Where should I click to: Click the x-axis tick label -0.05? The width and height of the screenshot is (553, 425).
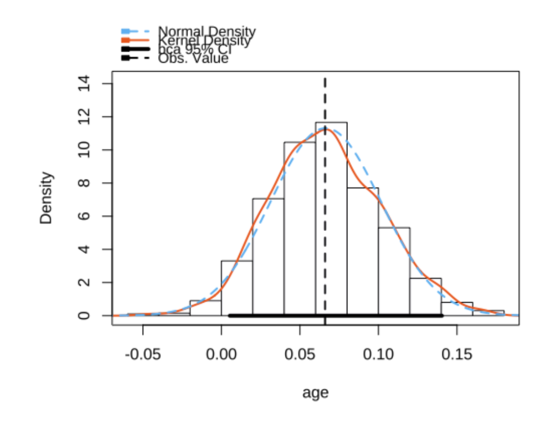tap(143, 355)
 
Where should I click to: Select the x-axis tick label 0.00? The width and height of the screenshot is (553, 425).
tap(221, 355)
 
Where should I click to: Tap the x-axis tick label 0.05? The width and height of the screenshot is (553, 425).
tap(300, 355)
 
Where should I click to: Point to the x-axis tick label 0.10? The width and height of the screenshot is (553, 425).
tap(378, 355)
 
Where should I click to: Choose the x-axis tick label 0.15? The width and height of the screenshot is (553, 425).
tap(457, 355)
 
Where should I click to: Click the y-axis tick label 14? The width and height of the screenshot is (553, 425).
tap(84, 84)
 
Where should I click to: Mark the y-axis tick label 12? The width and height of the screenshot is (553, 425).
tap(84, 117)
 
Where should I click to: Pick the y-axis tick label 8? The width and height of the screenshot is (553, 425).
tap(84, 183)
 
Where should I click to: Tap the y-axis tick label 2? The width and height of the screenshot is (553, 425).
tap(84, 282)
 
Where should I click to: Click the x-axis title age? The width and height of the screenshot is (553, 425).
tap(316, 393)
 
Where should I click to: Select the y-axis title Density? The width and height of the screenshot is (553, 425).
tap(46, 198)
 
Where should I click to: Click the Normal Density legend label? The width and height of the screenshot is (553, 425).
tap(206, 32)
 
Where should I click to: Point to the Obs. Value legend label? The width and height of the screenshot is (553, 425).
tap(193, 58)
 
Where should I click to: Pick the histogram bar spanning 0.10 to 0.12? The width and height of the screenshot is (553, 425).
tap(394, 272)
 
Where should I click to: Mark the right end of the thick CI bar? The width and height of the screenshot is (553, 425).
tap(442, 316)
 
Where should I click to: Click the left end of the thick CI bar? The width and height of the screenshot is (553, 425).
tap(229, 316)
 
